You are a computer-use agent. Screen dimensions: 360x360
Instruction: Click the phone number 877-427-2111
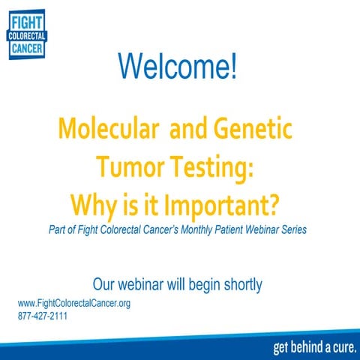coord(43,316)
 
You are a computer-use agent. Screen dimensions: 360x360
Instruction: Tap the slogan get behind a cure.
coord(315,347)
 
